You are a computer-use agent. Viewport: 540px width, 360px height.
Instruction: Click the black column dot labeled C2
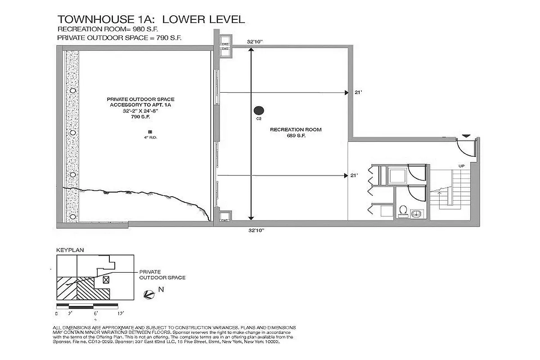click(259, 110)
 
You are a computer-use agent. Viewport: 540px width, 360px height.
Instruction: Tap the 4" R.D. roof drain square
click(144, 131)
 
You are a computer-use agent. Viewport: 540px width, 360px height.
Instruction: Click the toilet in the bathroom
click(403, 211)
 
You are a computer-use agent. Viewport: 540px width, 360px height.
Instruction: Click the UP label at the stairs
click(461, 166)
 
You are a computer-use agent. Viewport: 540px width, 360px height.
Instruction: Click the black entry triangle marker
click(467, 135)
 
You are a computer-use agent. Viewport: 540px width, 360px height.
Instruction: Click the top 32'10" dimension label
click(255, 41)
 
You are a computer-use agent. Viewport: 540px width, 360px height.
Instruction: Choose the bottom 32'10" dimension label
click(255, 230)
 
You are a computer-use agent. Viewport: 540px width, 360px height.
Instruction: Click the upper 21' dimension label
click(358, 93)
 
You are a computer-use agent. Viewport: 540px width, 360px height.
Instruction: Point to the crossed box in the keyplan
click(106, 279)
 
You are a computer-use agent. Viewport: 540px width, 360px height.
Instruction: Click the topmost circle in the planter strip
click(72, 90)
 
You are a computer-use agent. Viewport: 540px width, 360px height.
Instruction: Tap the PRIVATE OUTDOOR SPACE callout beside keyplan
click(162, 275)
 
